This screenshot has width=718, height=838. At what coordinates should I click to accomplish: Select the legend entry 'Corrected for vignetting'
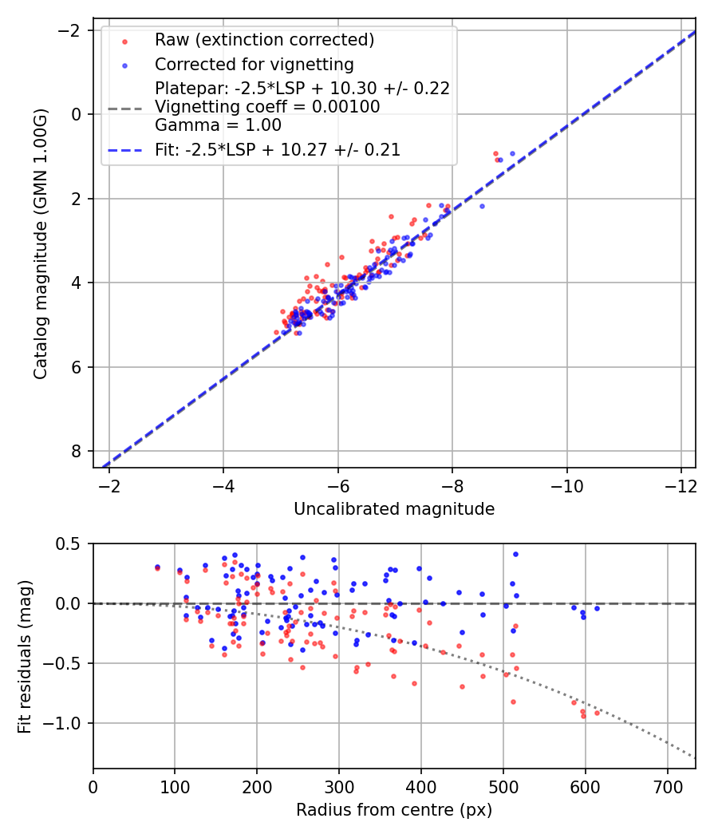point(254,64)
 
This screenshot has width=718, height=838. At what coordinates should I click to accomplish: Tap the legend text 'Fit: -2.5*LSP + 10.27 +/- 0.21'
point(277,149)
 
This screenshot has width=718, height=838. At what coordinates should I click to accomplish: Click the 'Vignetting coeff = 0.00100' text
point(266,107)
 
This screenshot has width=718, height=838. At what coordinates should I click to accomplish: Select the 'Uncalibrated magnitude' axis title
point(394,509)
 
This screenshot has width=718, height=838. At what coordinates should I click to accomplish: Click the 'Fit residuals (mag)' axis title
point(25,656)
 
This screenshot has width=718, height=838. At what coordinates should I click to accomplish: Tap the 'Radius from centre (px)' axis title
point(394,810)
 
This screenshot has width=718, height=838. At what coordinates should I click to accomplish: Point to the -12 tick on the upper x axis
point(681,484)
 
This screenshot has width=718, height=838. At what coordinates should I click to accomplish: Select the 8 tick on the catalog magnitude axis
point(77,452)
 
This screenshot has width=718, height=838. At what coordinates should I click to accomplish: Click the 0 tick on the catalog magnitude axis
point(77,114)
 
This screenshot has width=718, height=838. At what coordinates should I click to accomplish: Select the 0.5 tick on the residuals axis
point(70,544)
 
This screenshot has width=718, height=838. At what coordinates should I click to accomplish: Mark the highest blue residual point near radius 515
point(515,554)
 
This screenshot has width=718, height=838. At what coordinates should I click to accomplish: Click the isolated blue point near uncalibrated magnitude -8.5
point(482,206)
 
